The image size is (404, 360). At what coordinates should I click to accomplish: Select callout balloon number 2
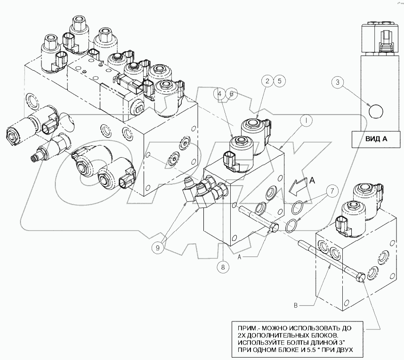click(267, 81)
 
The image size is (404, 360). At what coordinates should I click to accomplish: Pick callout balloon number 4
click(219, 94)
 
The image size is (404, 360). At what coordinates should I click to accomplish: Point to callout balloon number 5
click(279, 81)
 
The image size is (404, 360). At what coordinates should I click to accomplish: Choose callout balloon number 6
click(231, 94)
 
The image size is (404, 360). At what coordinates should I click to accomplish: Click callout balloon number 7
click(331, 191)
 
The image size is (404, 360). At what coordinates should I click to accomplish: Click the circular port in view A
click(376, 112)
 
